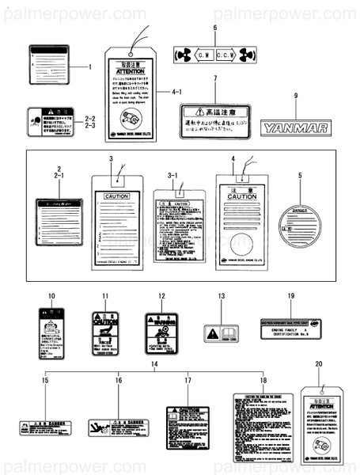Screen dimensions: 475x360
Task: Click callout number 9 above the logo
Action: point(296,96)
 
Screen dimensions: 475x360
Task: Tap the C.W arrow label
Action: point(202,55)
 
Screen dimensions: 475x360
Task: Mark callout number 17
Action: point(188,381)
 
